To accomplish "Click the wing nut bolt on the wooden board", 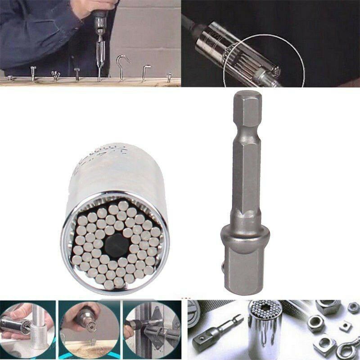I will point(55,75).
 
